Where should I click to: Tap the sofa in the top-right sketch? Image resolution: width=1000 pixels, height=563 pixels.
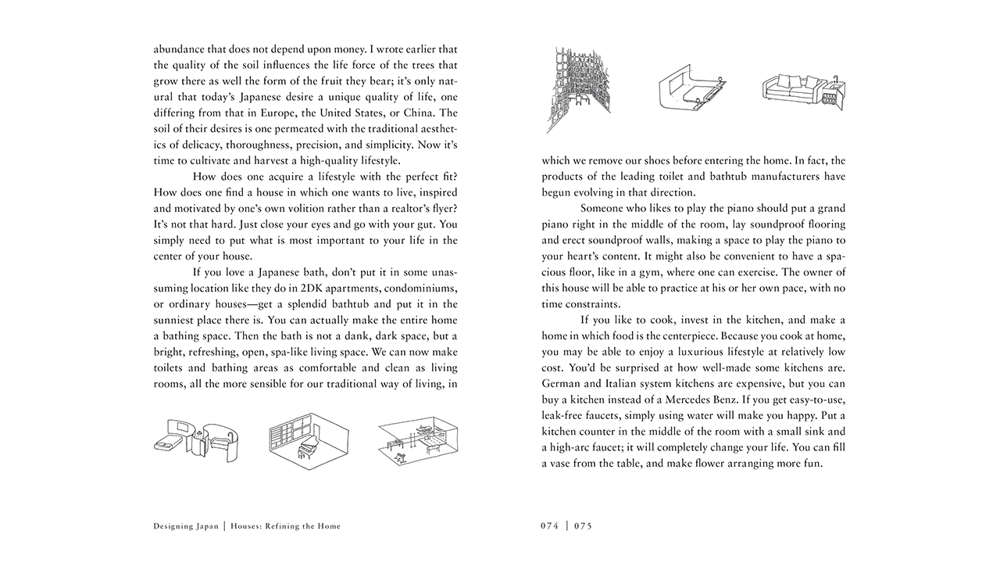click(791, 88)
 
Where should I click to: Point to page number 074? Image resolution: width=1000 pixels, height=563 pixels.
click(550, 526)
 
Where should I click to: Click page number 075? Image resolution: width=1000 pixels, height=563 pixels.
click(583, 526)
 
